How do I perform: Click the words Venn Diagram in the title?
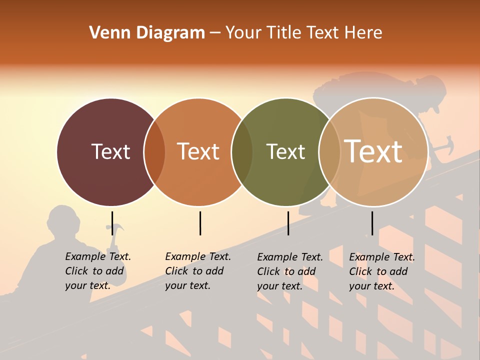(x=147, y=33)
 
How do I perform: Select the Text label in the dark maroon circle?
(x=110, y=151)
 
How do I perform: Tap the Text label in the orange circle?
(x=198, y=151)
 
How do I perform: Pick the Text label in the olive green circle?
(x=285, y=151)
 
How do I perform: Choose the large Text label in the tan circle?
(x=373, y=151)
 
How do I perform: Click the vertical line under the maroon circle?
(x=112, y=223)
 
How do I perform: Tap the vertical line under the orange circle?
(x=200, y=223)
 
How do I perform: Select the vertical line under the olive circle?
(x=288, y=223)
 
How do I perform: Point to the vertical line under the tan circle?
(x=372, y=223)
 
